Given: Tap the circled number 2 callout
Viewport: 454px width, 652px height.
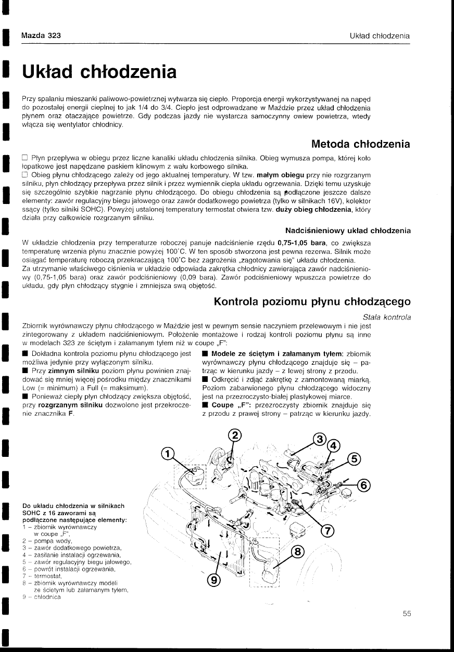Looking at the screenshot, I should (235, 435).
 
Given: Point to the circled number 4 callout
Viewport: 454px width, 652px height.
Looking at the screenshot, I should (333, 446).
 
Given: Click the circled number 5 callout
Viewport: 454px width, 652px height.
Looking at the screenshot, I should (354, 459).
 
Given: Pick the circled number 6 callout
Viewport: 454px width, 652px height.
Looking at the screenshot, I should (364, 485).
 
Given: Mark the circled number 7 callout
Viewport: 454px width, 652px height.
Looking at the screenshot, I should (328, 531).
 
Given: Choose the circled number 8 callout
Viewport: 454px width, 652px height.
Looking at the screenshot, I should (297, 551).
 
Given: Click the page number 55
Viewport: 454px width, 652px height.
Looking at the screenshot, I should (407, 613).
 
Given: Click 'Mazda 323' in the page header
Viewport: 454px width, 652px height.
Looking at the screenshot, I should (41, 36).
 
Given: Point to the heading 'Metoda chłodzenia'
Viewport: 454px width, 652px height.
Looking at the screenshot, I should (360, 144).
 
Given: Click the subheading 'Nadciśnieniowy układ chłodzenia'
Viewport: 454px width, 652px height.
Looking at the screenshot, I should (348, 231).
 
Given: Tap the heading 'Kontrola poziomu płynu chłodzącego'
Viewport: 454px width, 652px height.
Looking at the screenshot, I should (312, 302).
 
